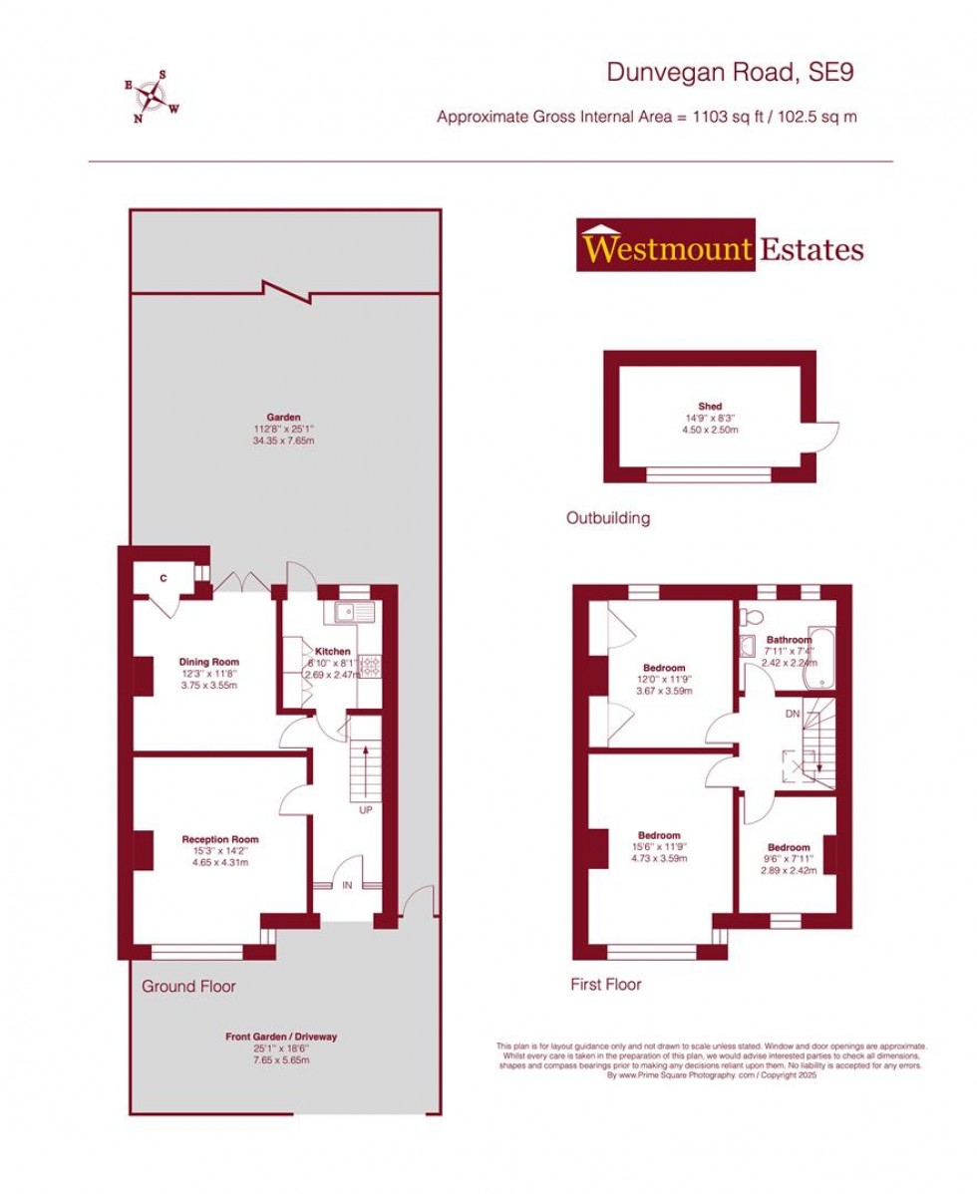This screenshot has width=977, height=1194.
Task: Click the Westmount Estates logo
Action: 720,246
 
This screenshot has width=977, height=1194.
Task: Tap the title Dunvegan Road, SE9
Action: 731,72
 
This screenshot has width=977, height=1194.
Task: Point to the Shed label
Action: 710,406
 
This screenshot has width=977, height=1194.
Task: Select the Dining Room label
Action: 209,662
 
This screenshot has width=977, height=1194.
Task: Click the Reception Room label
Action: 219,839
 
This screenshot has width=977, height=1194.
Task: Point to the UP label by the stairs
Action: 365,810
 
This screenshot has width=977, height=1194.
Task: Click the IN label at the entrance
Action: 347,885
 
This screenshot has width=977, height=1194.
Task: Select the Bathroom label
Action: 789,640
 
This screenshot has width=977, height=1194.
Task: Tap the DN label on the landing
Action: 793,714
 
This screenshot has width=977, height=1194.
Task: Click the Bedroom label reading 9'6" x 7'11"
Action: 789,847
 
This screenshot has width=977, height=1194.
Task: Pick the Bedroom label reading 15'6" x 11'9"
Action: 659,835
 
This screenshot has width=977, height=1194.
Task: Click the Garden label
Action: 283,418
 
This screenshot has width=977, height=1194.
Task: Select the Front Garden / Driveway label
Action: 281,1037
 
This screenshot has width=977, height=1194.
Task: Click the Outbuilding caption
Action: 608,518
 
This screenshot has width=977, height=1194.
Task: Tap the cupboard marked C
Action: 164,577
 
